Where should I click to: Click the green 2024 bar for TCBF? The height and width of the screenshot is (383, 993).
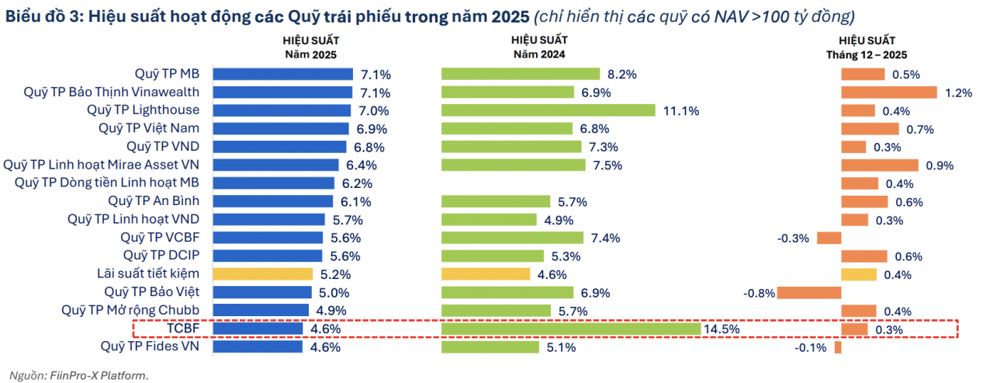(x=570, y=329)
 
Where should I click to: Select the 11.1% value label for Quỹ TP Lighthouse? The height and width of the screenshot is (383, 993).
(x=681, y=110)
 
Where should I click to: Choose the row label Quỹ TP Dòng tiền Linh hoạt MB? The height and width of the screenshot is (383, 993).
(x=107, y=183)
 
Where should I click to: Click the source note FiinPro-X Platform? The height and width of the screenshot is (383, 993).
(x=78, y=375)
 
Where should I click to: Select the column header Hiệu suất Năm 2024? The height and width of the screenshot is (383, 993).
(x=539, y=47)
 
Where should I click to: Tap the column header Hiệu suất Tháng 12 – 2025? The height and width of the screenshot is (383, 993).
(x=867, y=47)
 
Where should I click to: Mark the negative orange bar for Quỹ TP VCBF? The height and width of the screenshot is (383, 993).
(x=829, y=238)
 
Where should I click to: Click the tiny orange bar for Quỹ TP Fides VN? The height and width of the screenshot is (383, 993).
(x=838, y=347)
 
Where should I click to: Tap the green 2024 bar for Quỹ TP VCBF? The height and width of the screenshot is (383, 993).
(x=512, y=238)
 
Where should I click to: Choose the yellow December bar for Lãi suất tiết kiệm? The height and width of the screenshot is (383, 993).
(x=859, y=274)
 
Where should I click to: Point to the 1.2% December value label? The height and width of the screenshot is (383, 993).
(x=959, y=92)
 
